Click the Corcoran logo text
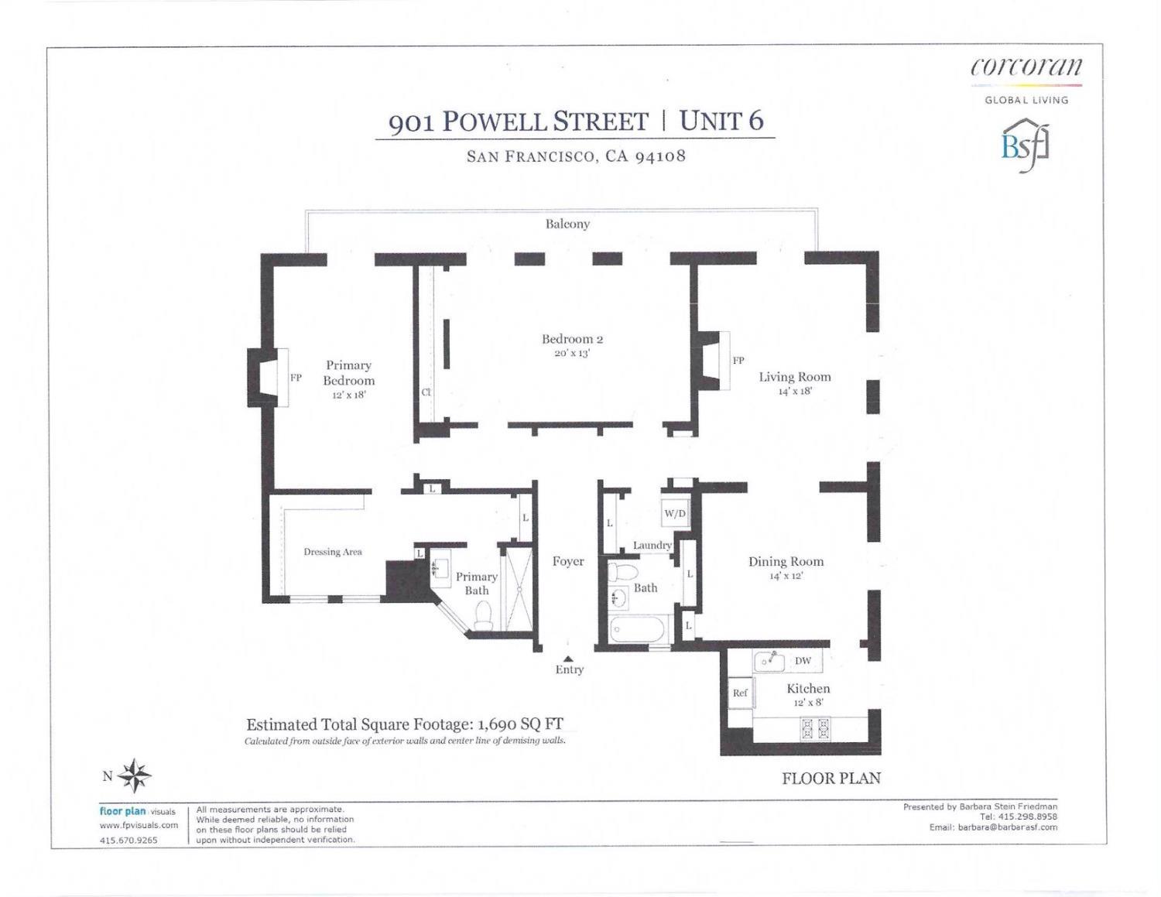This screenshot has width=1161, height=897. pyautogui.click(x=1026, y=67)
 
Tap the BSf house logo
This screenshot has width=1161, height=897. pyautogui.click(x=1026, y=145)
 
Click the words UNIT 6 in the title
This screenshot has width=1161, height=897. pyautogui.click(x=721, y=121)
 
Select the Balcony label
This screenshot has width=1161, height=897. pyautogui.click(x=567, y=224)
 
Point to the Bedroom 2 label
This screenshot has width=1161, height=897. pyautogui.click(x=572, y=339)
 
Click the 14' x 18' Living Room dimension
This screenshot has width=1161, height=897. pyautogui.click(x=795, y=392)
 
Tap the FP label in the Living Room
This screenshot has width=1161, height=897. pyautogui.click(x=738, y=361)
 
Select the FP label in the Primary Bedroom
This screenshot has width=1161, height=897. pyautogui.click(x=296, y=378)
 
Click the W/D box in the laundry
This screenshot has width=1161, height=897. pyautogui.click(x=674, y=513)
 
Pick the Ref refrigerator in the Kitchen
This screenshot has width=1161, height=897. pyautogui.click(x=740, y=693)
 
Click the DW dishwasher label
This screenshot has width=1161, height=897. pyautogui.click(x=803, y=661)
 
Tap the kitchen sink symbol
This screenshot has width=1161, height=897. pyautogui.click(x=769, y=660)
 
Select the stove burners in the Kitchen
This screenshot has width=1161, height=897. pyautogui.click(x=813, y=728)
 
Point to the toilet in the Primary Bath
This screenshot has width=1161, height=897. pyautogui.click(x=484, y=615)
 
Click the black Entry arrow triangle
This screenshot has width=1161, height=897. pyautogui.click(x=568, y=659)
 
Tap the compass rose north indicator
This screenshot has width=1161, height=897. pyautogui.click(x=135, y=775)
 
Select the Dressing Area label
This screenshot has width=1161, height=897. pyautogui.click(x=333, y=552)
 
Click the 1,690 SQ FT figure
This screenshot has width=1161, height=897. pyautogui.click(x=520, y=724)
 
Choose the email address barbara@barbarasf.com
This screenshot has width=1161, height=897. pyautogui.click(x=1007, y=827)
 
